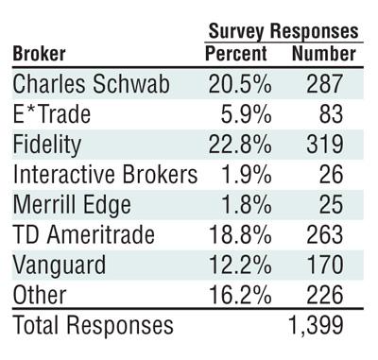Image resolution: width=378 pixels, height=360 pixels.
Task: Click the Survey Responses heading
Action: tap(283, 30)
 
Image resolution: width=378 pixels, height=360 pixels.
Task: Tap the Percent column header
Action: tap(236, 53)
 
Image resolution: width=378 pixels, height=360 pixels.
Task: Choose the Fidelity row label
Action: tap(47, 145)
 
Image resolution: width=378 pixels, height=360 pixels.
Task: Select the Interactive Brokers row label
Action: tap(105, 175)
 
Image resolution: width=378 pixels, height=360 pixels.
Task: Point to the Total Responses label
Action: tap(93, 326)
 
